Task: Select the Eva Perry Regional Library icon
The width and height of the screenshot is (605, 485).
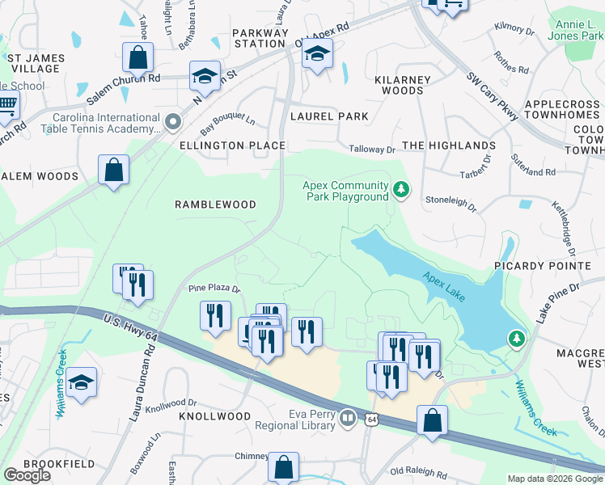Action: pyautogui.click(x=348, y=417)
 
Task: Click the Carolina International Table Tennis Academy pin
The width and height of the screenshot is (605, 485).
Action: pyautogui.click(x=172, y=122)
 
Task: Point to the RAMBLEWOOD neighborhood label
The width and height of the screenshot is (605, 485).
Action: pyautogui.click(x=215, y=205)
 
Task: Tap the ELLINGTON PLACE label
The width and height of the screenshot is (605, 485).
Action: pyautogui.click(x=232, y=145)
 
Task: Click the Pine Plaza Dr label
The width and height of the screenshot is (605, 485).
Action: pyautogui.click(x=214, y=288)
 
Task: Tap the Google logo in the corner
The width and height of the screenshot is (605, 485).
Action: pyautogui.click(x=27, y=475)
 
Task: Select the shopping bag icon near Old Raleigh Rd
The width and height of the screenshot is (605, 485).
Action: pyautogui.click(x=433, y=420)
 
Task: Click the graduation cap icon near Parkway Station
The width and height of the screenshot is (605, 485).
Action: pyautogui.click(x=317, y=54)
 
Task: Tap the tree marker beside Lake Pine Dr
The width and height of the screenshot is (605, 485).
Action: pyautogui.click(x=516, y=337)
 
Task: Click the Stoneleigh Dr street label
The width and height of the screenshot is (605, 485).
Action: pyautogui.click(x=451, y=201)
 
